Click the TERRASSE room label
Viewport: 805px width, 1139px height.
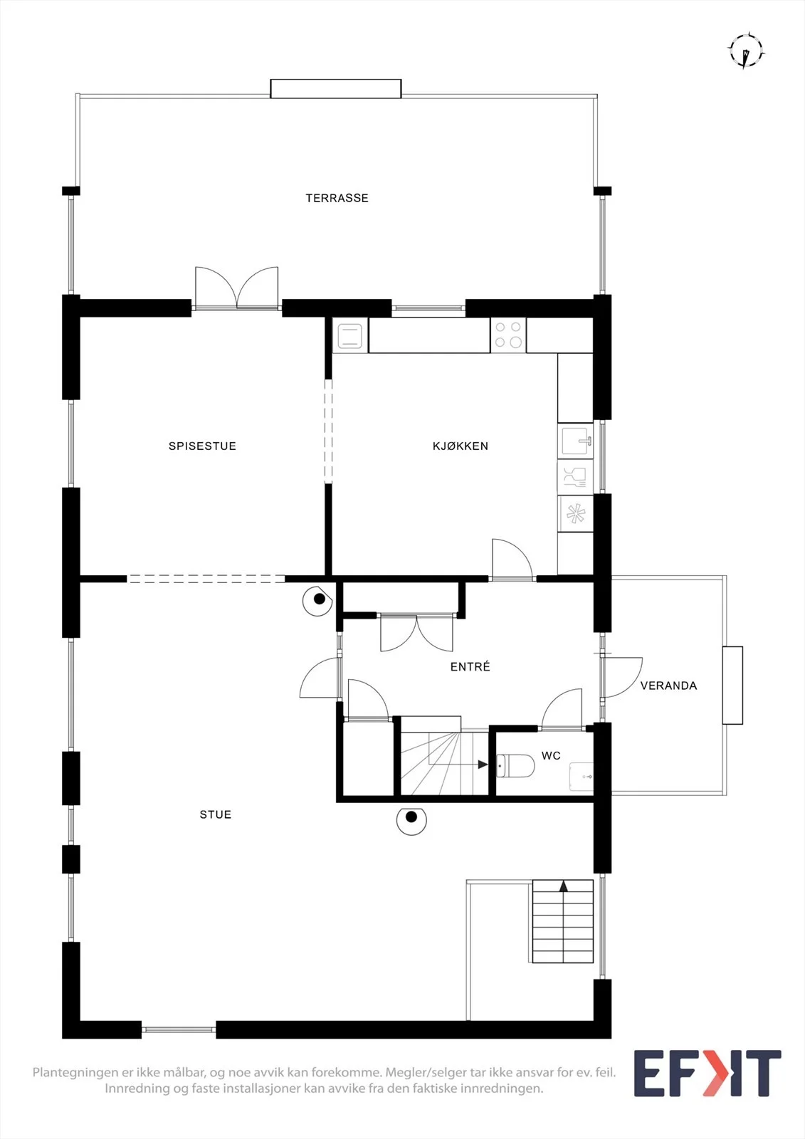[337, 198]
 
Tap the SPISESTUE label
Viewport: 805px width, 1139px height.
[202, 446]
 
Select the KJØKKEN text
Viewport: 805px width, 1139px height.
[461, 446]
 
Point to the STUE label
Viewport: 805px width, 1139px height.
[216, 814]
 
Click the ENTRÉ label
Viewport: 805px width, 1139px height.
[470, 666]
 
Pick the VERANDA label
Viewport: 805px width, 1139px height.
[668, 686]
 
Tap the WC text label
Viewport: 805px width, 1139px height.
[551, 755]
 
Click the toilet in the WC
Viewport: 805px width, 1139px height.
[515, 766]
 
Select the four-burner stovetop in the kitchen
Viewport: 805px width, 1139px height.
[508, 335]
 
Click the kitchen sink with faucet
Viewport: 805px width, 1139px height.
[576, 441]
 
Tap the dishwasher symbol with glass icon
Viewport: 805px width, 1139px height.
[576, 478]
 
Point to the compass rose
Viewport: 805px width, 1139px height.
[745, 51]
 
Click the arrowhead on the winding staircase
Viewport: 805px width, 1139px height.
[483, 764]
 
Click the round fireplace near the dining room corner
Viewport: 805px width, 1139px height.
[318, 601]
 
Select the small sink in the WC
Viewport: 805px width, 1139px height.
[582, 777]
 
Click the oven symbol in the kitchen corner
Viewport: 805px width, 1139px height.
[350, 335]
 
